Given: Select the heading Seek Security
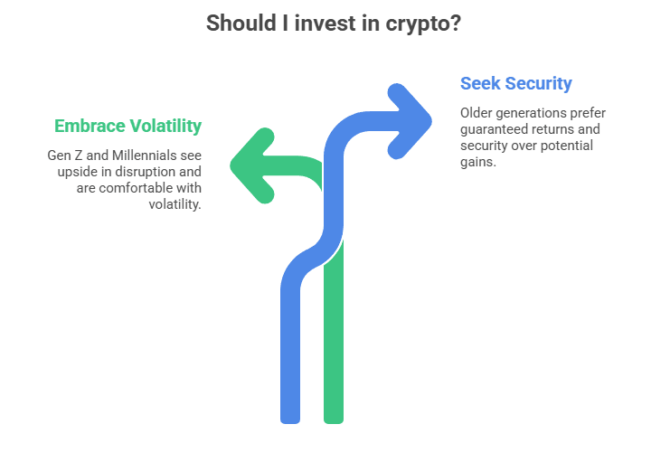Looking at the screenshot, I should [x=515, y=83].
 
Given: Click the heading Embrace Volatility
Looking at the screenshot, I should [x=127, y=125].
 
